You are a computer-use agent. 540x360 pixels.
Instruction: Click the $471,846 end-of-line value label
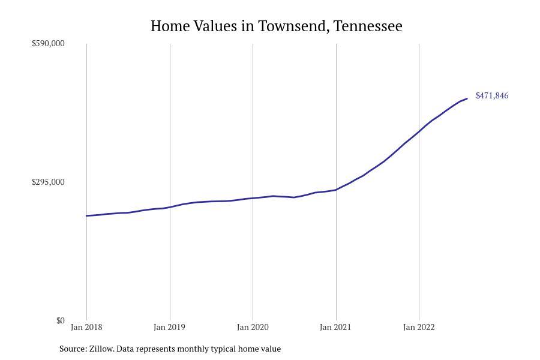(491, 95)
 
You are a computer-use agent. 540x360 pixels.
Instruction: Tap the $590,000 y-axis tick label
(48, 43)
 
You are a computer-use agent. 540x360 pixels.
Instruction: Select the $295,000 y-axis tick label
(48, 182)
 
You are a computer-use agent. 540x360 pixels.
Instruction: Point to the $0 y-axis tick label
(60, 320)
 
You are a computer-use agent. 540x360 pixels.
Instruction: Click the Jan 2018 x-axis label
(86, 327)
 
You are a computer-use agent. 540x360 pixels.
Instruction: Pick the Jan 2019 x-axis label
(169, 327)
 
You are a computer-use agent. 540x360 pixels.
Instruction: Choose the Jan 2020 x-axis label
(253, 327)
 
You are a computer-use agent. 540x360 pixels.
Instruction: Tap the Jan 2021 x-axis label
(335, 327)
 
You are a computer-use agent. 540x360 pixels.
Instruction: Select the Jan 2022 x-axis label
(419, 327)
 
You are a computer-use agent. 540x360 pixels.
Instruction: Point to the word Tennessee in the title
(368, 26)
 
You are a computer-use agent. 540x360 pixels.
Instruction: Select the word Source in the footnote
(73, 349)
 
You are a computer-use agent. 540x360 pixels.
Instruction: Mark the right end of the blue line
(467, 98)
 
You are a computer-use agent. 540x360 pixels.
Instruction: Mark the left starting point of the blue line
(86, 215)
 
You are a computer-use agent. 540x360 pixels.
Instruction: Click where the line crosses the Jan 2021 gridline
(336, 190)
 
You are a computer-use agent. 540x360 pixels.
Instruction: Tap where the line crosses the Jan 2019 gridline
(170, 207)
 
